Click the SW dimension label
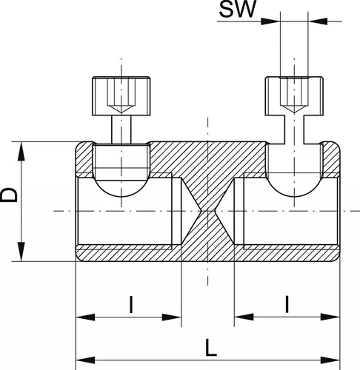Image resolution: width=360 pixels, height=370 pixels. point(238,9)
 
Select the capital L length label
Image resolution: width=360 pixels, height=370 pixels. point(211,348)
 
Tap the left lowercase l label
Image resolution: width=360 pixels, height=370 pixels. point(131,305)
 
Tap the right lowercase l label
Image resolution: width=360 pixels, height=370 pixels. point(287,305)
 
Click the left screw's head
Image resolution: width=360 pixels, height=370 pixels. point(121,96)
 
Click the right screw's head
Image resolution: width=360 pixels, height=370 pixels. point(294,96)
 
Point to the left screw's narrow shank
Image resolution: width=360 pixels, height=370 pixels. point(121,129)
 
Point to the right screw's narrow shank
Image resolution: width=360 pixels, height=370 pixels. point(294,129)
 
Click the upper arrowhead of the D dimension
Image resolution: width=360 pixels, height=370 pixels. point(21,152)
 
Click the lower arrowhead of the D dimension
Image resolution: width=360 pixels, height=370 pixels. point(21,252)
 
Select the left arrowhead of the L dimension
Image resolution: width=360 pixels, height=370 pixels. point(85,360)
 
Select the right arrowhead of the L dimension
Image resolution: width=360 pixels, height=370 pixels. point(330,360)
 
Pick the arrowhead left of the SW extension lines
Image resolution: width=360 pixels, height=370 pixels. point(270,21)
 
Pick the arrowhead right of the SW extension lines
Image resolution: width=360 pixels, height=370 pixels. point(318,21)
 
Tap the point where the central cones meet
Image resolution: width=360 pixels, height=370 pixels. point(208,211)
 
